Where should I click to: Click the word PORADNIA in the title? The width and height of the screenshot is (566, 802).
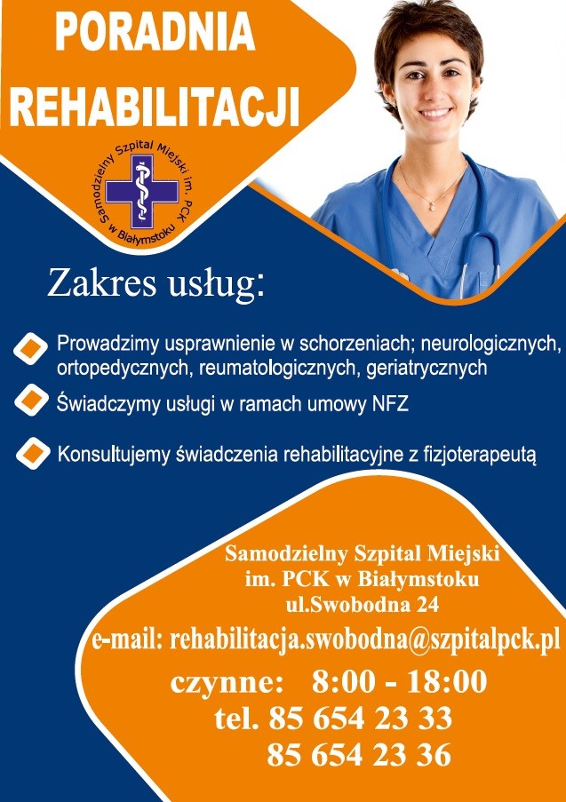pos(155,33)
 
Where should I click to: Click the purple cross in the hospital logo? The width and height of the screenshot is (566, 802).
pos(142,191)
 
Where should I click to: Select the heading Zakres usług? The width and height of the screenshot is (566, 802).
pos(156,284)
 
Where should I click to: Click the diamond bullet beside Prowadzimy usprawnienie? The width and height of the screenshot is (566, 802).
pos(31,349)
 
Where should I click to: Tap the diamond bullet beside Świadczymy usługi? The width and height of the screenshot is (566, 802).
pos(31,400)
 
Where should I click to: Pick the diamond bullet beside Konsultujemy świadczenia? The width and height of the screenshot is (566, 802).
pos(33,453)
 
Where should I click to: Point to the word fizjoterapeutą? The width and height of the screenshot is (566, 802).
pos(480,455)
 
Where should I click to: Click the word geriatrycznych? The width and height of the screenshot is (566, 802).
pos(426,369)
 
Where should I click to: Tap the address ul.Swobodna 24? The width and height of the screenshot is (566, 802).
pos(363,605)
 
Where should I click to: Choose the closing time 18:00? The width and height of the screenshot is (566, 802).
pos(447,682)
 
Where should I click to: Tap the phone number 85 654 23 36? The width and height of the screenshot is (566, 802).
pos(359,755)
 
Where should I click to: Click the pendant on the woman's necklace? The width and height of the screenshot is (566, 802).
pos(430,206)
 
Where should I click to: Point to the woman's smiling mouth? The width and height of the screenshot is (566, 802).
pos(435,113)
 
